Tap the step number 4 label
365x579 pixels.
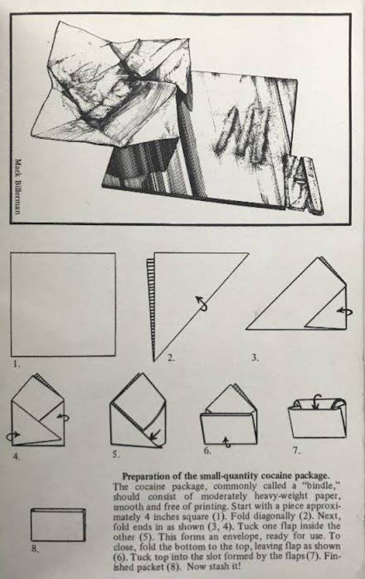[x=16, y=457]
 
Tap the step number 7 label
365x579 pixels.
[x=296, y=450]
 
